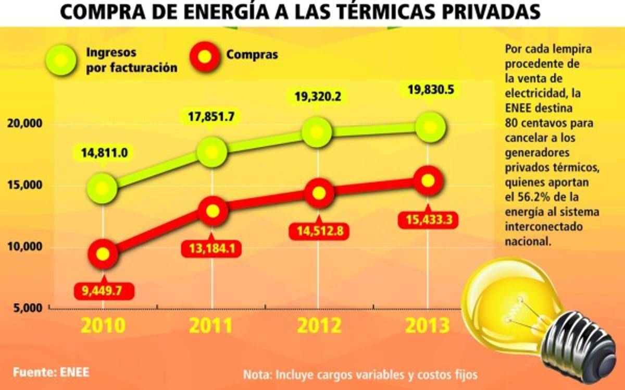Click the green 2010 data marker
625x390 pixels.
pyautogui.click(x=103, y=187)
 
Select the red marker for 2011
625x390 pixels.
pyautogui.click(x=212, y=211)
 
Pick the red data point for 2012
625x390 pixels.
pyautogui.click(x=319, y=192)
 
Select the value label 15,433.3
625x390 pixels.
pyautogui.click(x=428, y=220)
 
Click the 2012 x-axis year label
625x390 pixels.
pyautogui.click(x=319, y=326)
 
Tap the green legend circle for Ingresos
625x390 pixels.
pyautogui.click(x=61, y=59)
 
